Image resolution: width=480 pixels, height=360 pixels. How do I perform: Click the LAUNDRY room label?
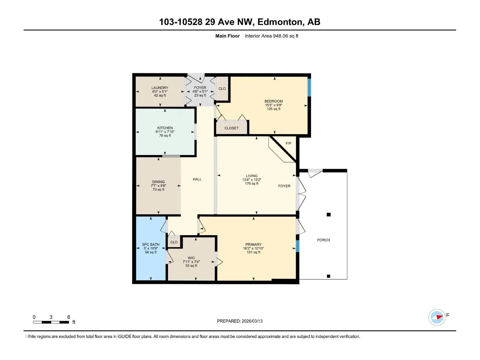point(160,88)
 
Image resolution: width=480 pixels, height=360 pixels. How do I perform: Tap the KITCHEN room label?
point(165,128)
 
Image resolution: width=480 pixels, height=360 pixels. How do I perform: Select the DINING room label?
point(158,182)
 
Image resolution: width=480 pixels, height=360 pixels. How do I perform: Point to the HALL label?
point(197,179)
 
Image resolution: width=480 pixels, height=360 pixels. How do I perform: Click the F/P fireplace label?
point(288,143)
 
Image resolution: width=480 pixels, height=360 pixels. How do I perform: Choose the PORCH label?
point(323,240)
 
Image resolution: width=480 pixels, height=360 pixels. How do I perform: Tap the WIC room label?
point(191,258)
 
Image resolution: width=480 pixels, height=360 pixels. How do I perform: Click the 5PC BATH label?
point(151,244)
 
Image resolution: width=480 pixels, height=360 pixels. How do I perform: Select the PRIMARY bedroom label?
point(253,244)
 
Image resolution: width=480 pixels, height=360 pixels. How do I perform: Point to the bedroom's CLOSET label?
point(231,128)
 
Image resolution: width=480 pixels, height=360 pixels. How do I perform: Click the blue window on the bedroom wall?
point(309,87)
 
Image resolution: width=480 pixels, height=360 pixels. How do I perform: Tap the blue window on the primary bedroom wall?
point(297,246)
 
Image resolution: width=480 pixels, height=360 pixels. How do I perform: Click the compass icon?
point(437,317)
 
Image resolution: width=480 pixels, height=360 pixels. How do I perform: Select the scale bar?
point(51,322)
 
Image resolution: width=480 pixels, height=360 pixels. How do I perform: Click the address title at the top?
point(240,22)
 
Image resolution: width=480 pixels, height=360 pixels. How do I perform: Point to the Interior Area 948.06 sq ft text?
point(271,36)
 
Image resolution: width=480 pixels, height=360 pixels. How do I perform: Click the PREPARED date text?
point(240,321)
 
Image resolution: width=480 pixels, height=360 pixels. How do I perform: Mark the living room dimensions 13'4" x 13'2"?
point(251,180)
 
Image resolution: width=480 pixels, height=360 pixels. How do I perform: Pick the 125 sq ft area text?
point(274,109)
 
